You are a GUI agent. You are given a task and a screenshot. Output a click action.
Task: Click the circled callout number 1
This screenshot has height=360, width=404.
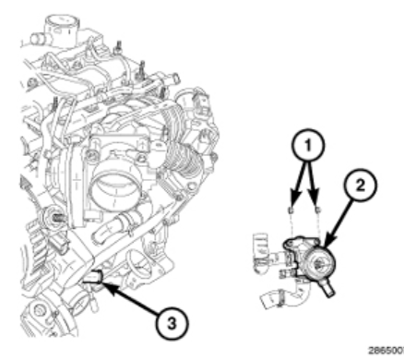[x=308, y=145]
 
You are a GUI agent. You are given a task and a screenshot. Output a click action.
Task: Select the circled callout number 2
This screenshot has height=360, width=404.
[x=360, y=185]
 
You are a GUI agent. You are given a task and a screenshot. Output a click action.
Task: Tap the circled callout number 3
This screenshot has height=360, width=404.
[x=172, y=324]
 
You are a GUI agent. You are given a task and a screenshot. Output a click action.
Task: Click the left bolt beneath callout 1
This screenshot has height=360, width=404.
[x=291, y=210]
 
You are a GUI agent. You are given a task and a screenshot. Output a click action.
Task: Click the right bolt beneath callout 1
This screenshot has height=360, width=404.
[x=318, y=210]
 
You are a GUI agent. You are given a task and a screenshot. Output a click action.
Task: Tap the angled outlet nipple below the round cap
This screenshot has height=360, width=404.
[x=327, y=289]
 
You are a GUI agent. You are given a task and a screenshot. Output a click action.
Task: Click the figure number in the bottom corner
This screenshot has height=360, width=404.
[x=386, y=351]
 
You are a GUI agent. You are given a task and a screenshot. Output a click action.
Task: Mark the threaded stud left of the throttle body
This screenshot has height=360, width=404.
[x=59, y=218]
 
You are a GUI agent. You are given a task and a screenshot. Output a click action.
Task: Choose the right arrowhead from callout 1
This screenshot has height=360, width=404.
[x=314, y=199]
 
